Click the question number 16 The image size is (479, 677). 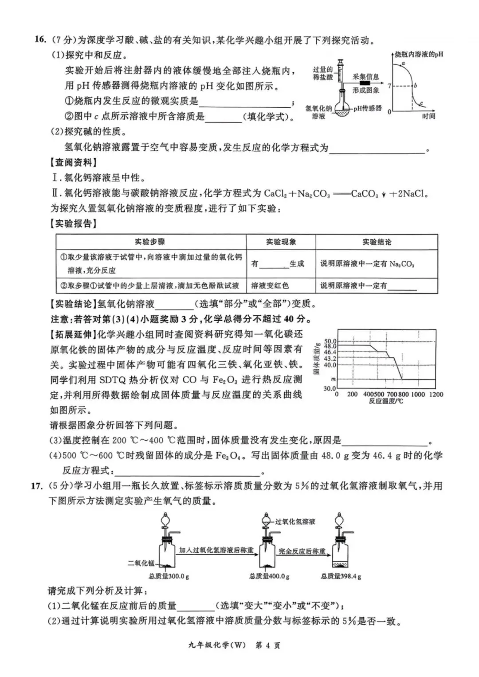[40, 39]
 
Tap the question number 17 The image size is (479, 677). [37, 485]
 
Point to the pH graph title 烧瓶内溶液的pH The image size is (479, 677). [419, 55]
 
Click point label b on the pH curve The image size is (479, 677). [416, 86]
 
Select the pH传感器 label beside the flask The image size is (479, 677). [367, 108]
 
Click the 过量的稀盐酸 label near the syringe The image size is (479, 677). [322, 73]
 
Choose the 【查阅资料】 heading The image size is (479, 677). [74, 163]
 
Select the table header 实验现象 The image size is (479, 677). [281, 242]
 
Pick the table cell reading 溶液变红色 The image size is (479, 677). [270, 286]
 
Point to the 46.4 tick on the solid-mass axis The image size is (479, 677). [330, 352]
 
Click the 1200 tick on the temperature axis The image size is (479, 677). [436, 394]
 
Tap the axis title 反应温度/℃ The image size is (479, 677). [386, 401]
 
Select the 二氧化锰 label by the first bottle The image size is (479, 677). [141, 563]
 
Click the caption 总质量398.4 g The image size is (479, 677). [341, 576]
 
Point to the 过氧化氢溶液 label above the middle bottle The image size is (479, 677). [295, 521]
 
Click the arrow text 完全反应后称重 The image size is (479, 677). [302, 551]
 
